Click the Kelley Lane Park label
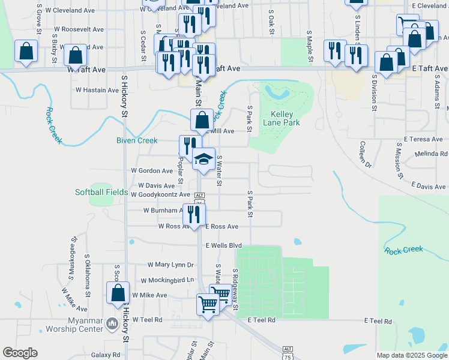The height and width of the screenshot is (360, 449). point(285,118)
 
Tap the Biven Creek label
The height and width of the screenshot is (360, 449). point(137,140)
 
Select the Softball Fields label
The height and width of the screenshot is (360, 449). point(101,192)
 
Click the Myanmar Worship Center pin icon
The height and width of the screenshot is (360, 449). point(112,325)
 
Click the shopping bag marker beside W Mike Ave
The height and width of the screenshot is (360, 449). point(118,293)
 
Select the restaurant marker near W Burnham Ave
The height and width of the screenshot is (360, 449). point(193,214)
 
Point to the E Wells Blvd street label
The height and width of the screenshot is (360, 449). point(223,245)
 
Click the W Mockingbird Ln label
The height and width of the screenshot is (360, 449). point(167,280)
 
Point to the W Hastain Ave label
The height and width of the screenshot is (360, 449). point(97,90)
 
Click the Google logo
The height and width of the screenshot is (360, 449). point(20,353)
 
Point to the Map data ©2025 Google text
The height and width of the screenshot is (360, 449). point(411,355)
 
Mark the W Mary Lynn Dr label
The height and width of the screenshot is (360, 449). point(171,265)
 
